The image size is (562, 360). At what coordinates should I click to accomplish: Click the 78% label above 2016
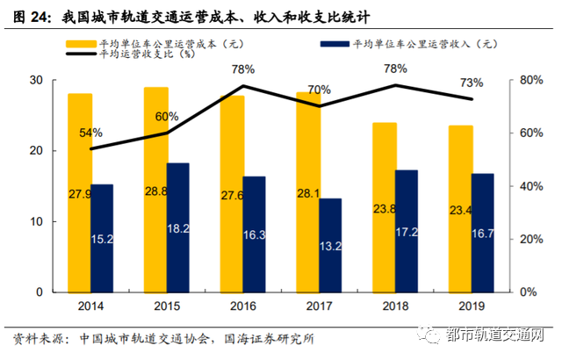(243, 68)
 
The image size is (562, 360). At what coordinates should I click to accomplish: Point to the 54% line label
(90, 133)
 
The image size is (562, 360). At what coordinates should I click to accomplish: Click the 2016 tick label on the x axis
(242, 307)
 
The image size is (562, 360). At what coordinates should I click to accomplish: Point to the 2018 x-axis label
(395, 307)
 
